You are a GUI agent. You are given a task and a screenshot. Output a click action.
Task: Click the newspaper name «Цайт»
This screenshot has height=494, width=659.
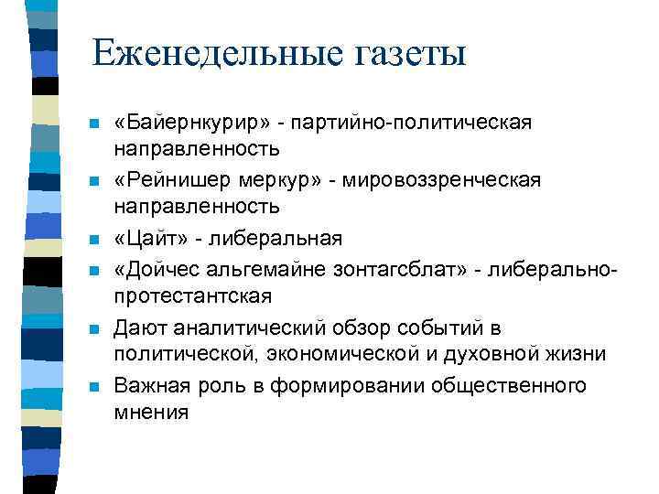coord(150,239)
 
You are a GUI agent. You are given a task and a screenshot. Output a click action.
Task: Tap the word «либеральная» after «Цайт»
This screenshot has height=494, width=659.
coord(275,239)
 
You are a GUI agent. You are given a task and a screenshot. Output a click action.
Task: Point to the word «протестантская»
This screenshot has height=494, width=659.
coord(192,296)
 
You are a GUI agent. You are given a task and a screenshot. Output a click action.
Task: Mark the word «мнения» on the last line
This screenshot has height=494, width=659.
coord(151,413)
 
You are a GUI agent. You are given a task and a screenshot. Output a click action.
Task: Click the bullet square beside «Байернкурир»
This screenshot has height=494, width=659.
coord(94,123)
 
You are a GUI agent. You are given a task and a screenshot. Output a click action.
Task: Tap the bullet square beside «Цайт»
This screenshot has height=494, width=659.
coord(94,241)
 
